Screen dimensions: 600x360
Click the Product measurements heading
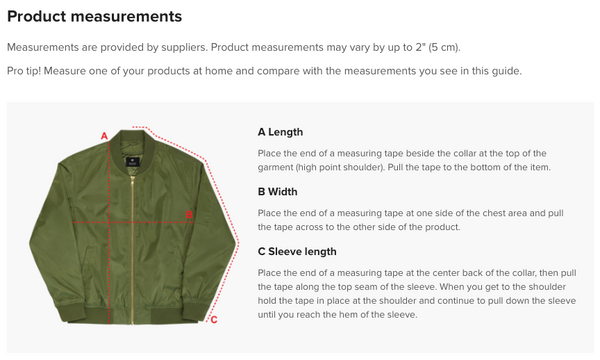click(x=95, y=16)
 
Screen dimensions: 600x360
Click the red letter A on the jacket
click(x=104, y=136)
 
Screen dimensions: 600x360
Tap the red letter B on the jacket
click(x=189, y=215)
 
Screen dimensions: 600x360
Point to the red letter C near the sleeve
click(x=214, y=320)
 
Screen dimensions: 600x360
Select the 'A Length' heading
click(x=280, y=132)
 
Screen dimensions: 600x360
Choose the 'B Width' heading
click(x=277, y=192)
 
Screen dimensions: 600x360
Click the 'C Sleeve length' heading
click(x=297, y=251)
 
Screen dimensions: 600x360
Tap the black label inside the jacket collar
click(x=132, y=161)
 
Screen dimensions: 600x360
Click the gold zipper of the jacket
click(x=132, y=249)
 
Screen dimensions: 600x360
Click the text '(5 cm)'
click(x=444, y=47)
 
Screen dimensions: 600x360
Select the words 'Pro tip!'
click(x=24, y=71)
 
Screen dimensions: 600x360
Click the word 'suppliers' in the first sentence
click(x=184, y=47)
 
